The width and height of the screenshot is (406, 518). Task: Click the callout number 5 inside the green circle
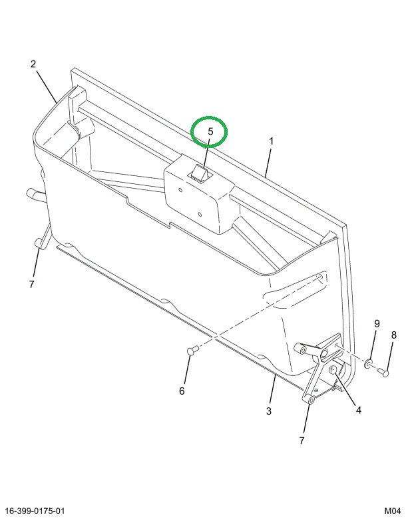pos(210,131)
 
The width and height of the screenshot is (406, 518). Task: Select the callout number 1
pos(272,141)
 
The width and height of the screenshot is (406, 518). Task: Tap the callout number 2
pos(33,64)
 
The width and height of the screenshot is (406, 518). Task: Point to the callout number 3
pos(269,411)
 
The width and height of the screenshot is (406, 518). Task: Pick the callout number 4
pos(358,410)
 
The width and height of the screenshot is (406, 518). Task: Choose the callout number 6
pos(182,391)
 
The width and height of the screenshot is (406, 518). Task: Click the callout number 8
pos(393,335)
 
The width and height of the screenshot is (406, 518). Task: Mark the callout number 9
pos(376,324)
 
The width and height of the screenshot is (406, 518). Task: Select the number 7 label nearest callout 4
pos(302,441)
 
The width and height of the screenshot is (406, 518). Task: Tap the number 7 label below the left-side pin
pos(31,285)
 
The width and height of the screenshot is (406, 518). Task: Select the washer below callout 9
pos(367,364)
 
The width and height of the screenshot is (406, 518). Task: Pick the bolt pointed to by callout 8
pos(384,373)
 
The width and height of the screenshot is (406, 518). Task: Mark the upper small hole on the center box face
pos(180,187)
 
